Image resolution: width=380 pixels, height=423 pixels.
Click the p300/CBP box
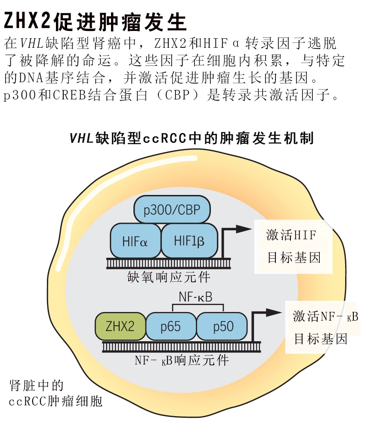tap(172, 210)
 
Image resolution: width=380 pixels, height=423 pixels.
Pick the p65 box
tap(170, 327)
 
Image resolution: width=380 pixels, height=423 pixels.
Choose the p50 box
tap(223, 327)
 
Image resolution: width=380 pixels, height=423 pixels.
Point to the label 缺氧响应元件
tap(169, 277)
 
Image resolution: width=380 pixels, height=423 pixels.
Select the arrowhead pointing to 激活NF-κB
tap(273, 312)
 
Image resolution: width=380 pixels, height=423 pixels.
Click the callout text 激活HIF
tap(291, 235)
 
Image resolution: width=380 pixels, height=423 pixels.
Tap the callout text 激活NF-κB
tap(325, 317)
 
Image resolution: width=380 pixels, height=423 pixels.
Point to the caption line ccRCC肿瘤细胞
tap(56, 401)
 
